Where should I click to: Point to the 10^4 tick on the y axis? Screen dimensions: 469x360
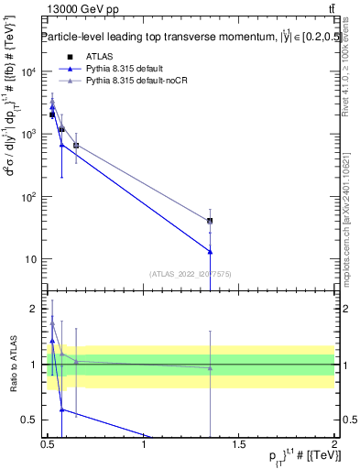pyautogui.click(x=28, y=71)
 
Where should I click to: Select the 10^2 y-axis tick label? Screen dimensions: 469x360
pyautogui.click(x=28, y=196)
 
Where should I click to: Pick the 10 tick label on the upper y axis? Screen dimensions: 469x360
pyautogui.click(x=31, y=258)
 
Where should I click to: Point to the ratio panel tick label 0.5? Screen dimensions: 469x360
pyautogui.click(x=31, y=420)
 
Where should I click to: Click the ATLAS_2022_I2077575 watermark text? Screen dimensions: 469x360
pyautogui.click(x=191, y=273)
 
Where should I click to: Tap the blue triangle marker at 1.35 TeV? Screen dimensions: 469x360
pyautogui.click(x=211, y=251)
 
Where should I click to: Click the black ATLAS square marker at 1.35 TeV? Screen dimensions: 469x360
pyautogui.click(x=211, y=221)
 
